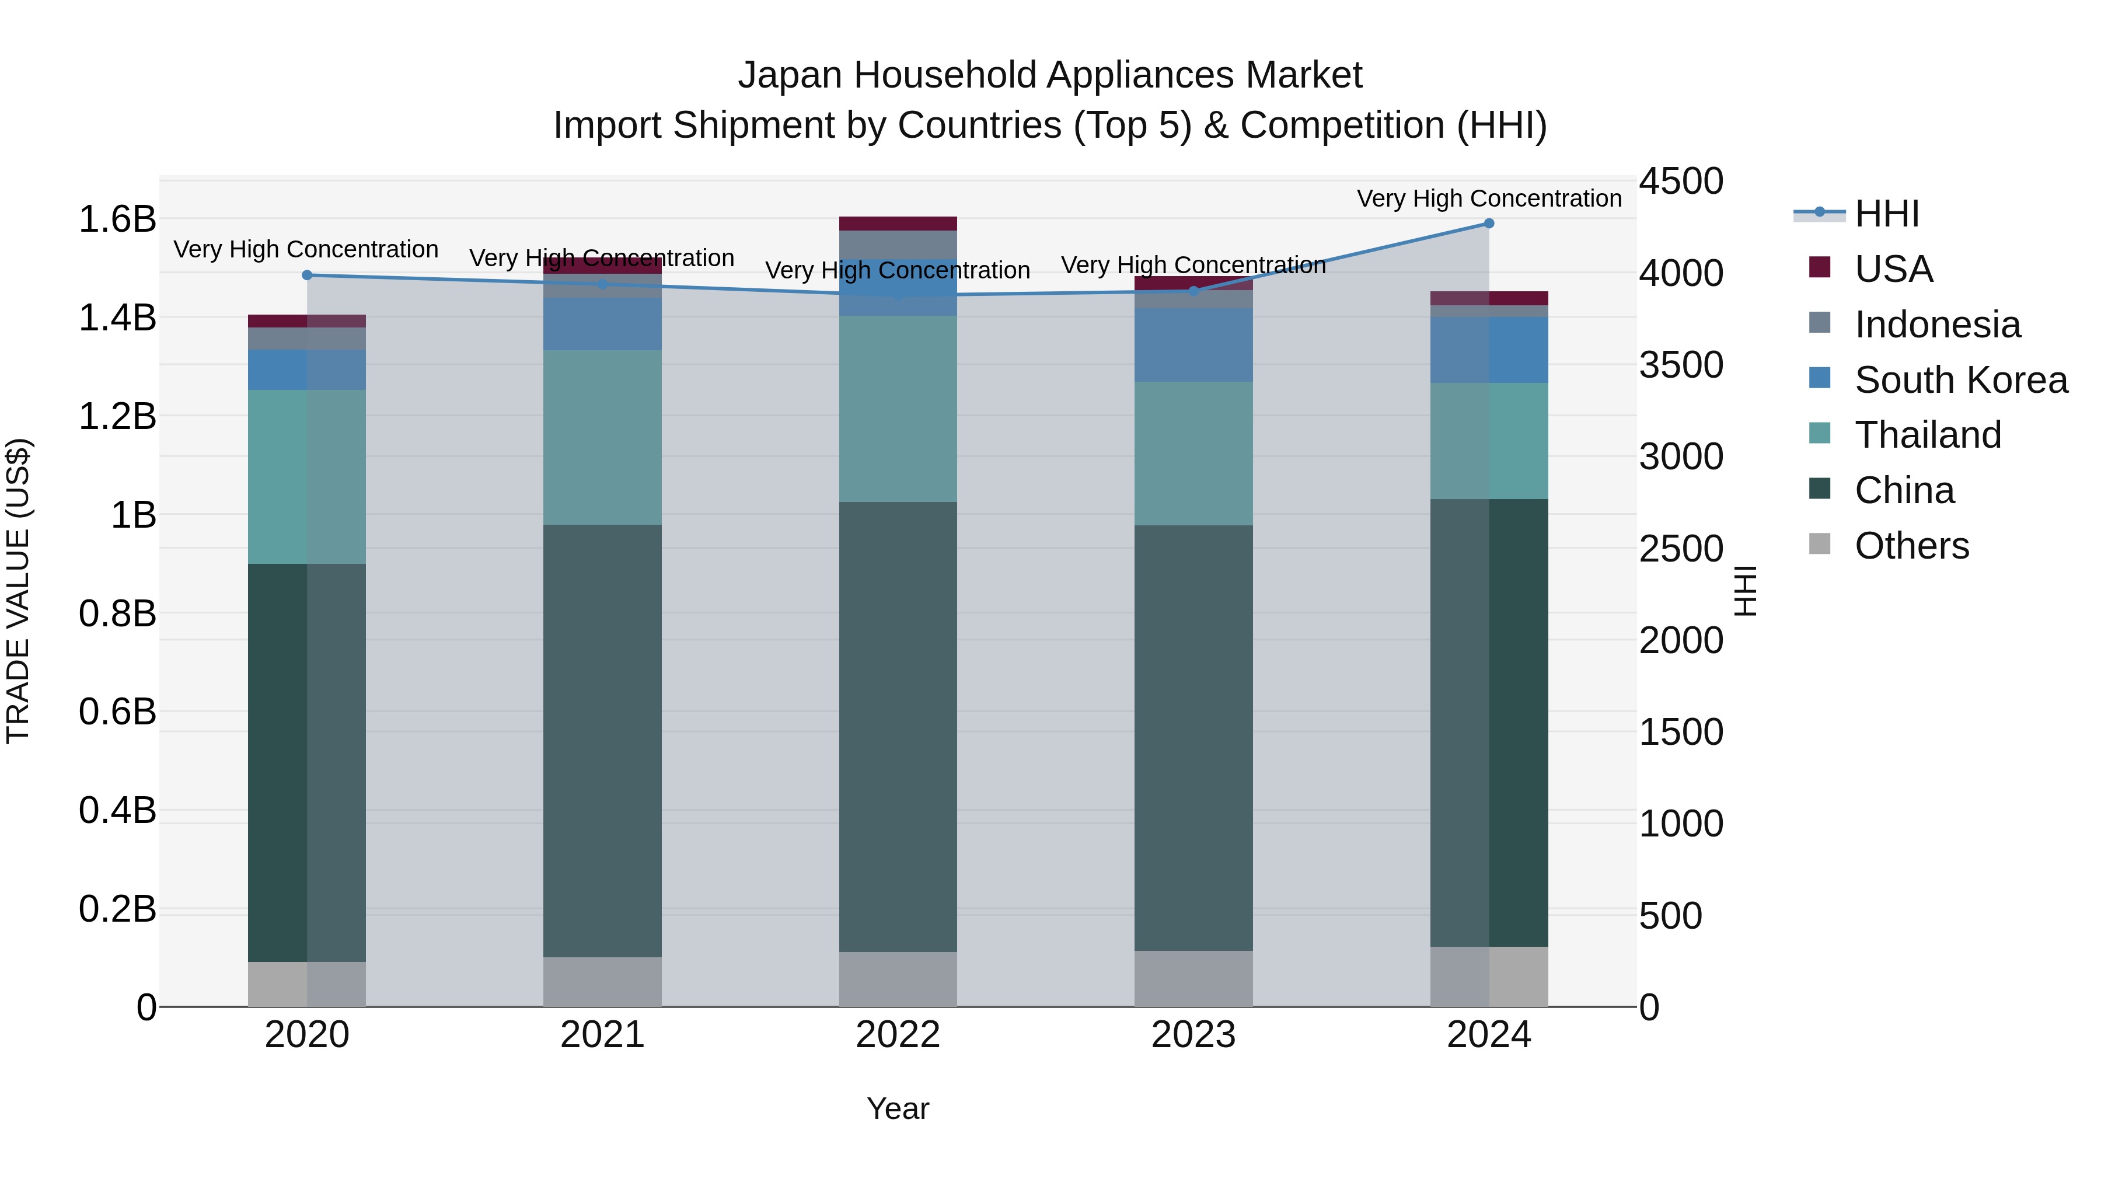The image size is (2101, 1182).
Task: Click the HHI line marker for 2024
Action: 1488,224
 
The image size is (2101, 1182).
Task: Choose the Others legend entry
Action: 1911,546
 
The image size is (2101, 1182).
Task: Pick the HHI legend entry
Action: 1886,214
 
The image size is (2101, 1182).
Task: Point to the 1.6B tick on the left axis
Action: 117,219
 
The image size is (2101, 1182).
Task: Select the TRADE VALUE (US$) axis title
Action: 18,591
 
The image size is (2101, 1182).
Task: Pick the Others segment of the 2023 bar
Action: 1193,978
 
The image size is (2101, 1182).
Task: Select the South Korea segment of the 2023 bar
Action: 1193,345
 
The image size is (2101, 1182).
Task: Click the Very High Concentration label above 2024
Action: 1488,198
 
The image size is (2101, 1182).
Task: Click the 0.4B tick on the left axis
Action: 117,810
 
